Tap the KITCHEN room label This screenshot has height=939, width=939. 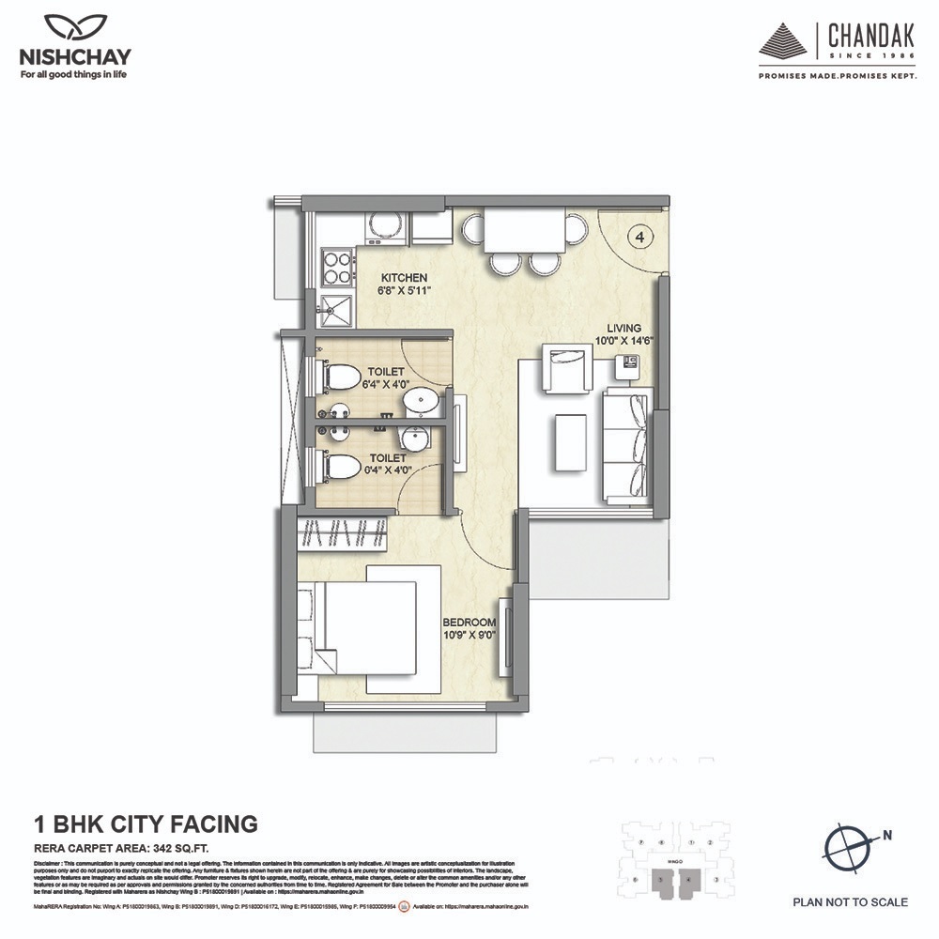404,278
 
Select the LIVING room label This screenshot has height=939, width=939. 623,330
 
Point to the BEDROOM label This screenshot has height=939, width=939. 469,623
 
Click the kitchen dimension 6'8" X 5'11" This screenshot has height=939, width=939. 404,291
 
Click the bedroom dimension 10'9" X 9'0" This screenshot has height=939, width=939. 469,636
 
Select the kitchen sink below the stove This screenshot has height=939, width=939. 335,306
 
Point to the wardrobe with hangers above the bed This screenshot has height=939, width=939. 343,535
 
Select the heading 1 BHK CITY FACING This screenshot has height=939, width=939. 146,824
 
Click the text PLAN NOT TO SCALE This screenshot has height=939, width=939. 850,902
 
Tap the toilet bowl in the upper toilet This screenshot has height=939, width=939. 342,378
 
